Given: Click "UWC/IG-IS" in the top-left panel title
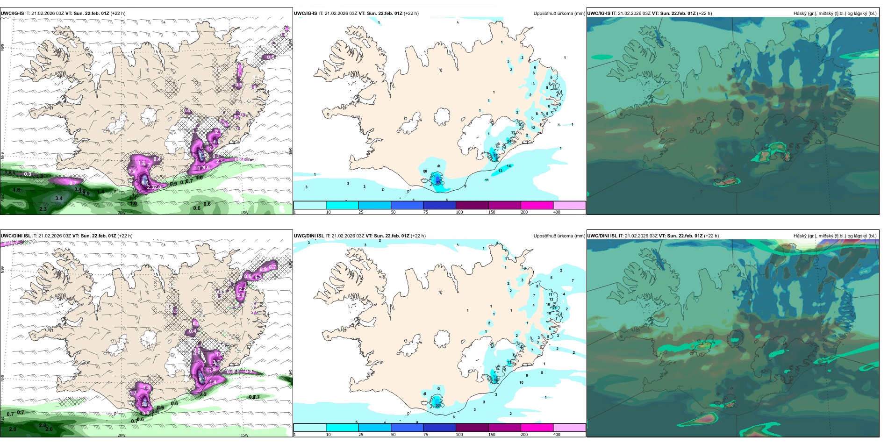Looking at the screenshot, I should click(13, 14).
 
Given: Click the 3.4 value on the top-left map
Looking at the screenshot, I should click(59, 198).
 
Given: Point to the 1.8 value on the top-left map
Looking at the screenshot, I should click(17, 190).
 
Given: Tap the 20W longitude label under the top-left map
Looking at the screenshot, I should click(122, 213).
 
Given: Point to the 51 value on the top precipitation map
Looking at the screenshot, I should click(495, 155).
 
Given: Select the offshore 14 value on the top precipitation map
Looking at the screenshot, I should click(509, 166).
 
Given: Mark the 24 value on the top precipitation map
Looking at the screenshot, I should click(509, 141).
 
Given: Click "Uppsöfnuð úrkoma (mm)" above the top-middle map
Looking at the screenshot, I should click(559, 14).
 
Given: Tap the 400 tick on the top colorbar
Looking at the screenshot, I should click(557, 212).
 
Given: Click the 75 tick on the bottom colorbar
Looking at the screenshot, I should click(426, 435).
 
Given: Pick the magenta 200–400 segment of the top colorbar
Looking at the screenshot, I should click(537, 205).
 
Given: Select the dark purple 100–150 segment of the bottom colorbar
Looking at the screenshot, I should click(472, 427).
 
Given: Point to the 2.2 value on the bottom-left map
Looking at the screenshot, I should click(242, 289).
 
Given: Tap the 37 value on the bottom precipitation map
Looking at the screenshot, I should click(495, 380).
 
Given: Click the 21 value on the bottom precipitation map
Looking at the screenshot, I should click(554, 308).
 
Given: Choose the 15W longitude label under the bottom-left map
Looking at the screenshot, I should click(244, 435).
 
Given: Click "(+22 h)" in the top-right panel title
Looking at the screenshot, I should click(704, 14).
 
